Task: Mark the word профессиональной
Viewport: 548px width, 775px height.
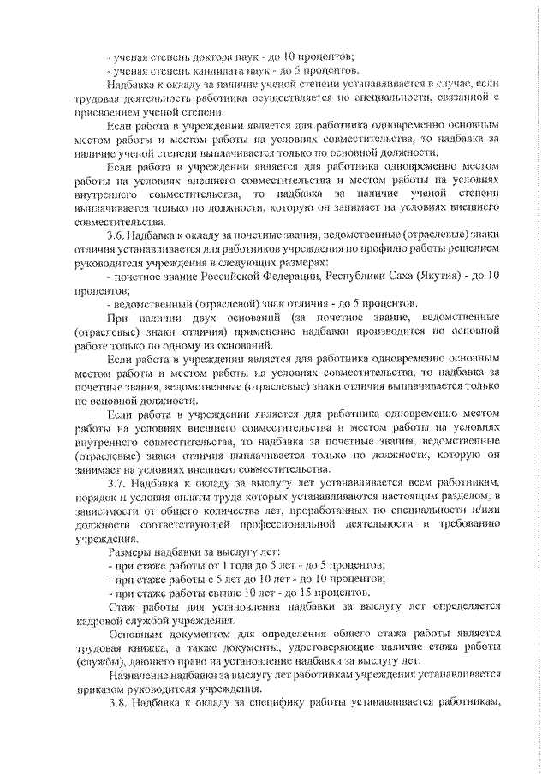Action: (x=304, y=524)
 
